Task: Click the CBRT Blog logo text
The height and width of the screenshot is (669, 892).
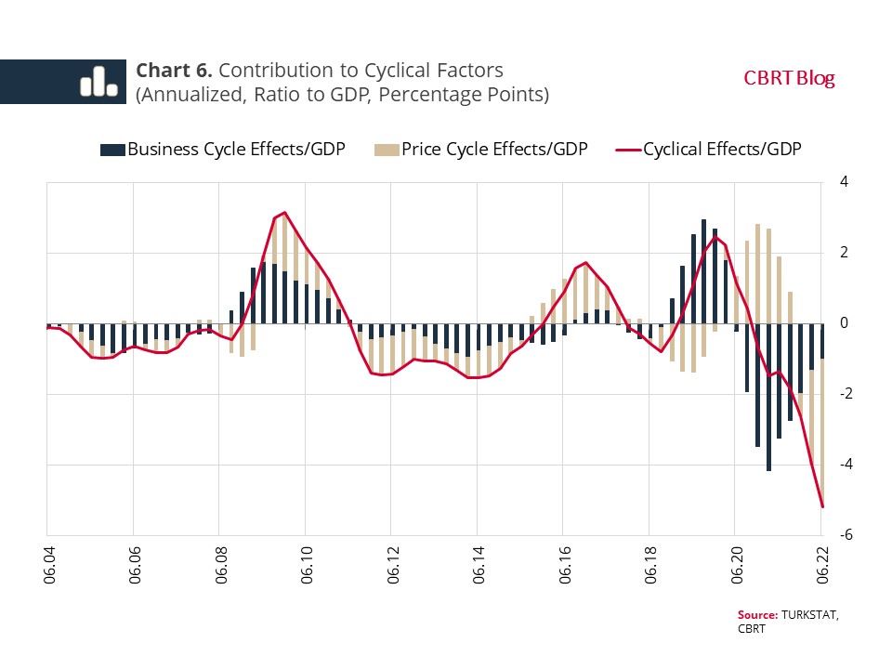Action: point(789,78)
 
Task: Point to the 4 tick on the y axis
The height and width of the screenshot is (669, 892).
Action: point(844,182)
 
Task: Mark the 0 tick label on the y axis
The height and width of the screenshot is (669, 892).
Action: point(844,323)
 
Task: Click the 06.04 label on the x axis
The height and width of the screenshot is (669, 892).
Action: point(47,563)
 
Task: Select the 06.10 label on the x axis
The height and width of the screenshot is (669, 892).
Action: point(305,563)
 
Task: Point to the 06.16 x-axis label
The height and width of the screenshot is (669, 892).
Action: point(563,563)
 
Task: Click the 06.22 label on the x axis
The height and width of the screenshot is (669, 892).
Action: point(821,563)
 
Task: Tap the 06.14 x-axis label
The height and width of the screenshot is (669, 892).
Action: point(478,563)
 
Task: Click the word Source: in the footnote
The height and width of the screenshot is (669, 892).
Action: point(756,615)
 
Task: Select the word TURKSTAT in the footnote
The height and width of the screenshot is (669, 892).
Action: point(809,615)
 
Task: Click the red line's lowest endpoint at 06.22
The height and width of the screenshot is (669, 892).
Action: point(822,506)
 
